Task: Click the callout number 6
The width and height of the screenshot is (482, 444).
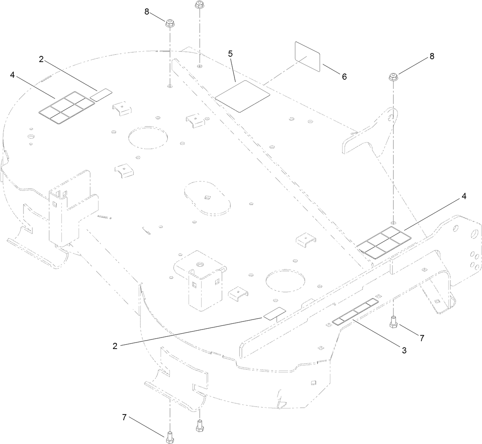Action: (x=344, y=77)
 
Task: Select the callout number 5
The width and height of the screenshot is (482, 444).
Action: (x=230, y=54)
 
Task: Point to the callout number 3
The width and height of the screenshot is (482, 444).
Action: (x=404, y=350)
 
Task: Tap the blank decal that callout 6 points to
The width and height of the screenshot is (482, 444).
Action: (x=307, y=56)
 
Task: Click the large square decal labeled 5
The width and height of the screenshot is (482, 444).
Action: (x=243, y=96)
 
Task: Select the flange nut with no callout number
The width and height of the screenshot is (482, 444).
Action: (x=199, y=5)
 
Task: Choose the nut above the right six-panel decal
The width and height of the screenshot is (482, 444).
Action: (x=393, y=77)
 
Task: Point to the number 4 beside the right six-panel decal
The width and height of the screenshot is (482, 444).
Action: (x=464, y=196)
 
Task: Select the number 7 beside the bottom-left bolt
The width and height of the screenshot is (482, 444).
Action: (x=124, y=418)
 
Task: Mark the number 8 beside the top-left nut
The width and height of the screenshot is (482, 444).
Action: (x=147, y=11)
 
